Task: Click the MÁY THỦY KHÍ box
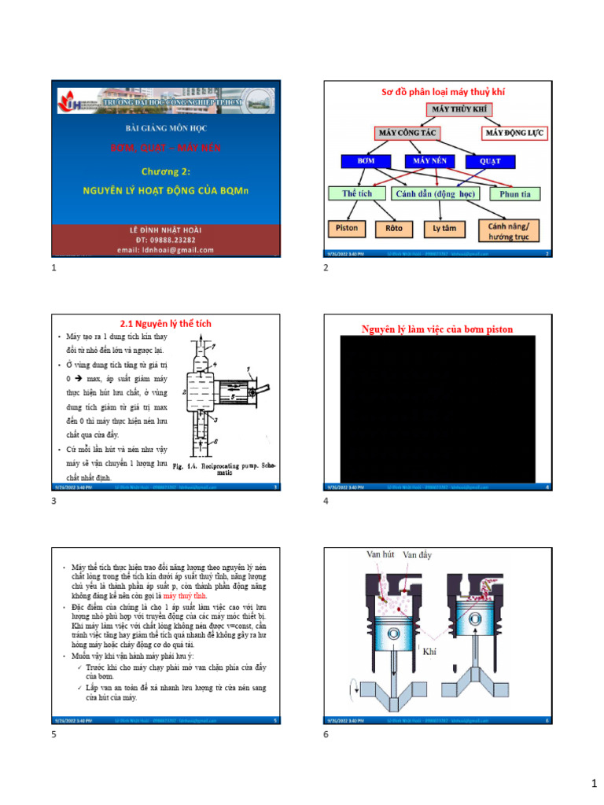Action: [459, 109]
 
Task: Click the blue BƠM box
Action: [366, 161]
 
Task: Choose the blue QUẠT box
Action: [489, 162]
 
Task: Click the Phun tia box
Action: [515, 194]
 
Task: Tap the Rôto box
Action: [394, 228]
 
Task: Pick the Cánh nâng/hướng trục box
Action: [509, 230]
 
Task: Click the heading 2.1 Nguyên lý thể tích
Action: [165, 323]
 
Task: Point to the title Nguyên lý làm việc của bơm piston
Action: [437, 329]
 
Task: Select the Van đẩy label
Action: [417, 555]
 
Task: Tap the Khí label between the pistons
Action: [429, 652]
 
